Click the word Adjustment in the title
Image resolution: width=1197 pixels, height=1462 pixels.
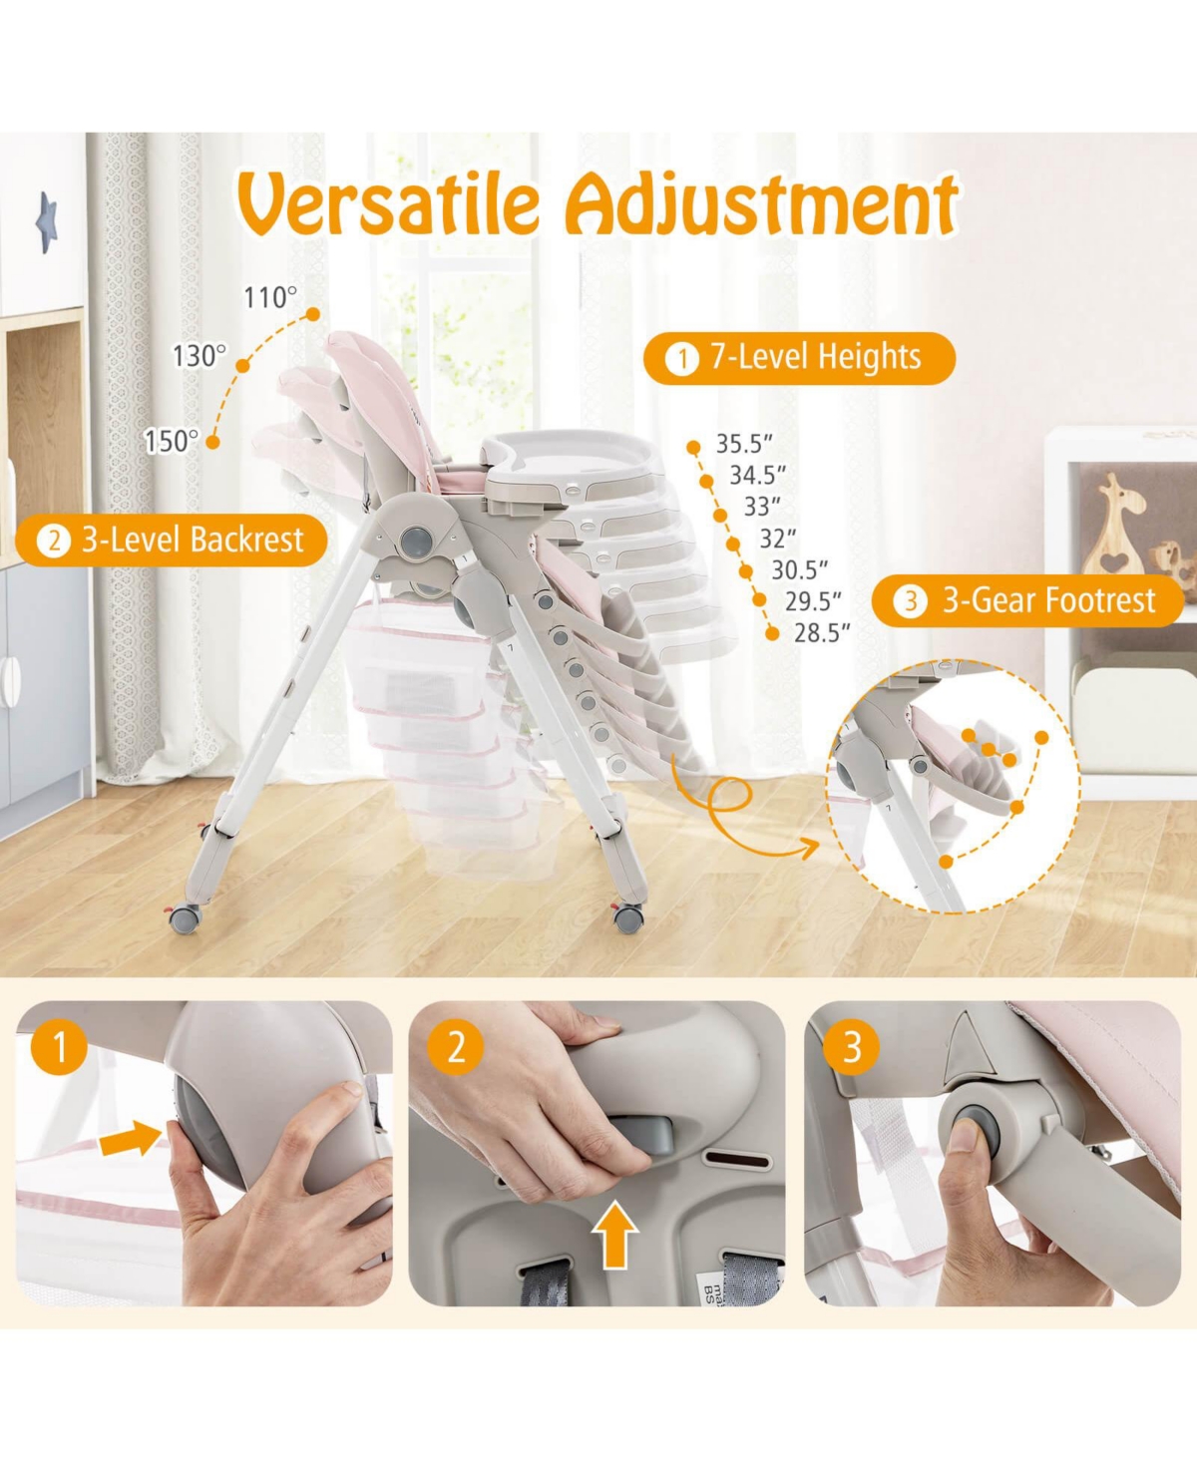coord(762,204)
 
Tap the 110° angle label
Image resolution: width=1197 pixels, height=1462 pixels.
coord(270,297)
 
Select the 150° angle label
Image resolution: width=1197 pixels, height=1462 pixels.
coord(172,441)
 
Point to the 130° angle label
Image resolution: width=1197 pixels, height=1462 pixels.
coord(199,356)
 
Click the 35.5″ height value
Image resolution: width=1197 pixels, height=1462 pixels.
coord(744,444)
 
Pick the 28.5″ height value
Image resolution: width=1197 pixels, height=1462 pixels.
coord(822,632)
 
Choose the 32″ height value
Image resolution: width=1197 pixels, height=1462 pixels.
coord(778,539)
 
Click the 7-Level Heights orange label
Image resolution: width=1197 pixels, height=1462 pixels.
coord(799,358)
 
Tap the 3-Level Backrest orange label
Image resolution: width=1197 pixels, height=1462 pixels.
coord(172,541)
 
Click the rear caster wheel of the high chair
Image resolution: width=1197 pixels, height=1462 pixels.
coord(185,917)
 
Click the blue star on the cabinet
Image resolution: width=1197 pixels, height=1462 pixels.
coord(47,221)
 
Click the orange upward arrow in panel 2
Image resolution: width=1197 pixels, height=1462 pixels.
coord(614,1234)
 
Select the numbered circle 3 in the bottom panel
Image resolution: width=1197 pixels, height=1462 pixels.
coord(851,1047)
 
